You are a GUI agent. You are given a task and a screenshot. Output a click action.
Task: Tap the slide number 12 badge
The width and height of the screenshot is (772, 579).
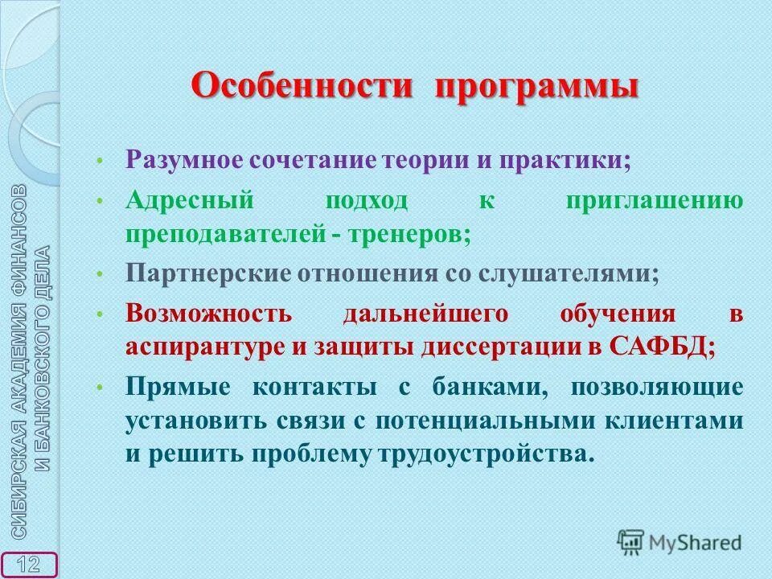click(29, 564)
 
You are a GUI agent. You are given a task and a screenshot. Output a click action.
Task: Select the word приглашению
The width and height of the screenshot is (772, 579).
click(654, 200)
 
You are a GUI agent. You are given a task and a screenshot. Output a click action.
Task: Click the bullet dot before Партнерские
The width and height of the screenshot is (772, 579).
click(99, 274)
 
